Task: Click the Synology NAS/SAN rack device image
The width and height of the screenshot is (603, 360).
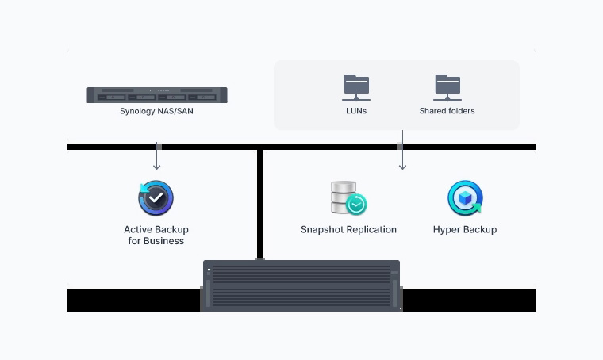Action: (x=156, y=95)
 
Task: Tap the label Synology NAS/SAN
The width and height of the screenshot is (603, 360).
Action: (x=156, y=111)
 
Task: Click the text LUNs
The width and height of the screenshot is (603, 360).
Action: (x=355, y=111)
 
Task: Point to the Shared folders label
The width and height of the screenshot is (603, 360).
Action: (x=447, y=111)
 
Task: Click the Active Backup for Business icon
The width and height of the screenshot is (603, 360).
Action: (x=156, y=198)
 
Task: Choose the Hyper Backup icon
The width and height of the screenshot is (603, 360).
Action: (x=464, y=198)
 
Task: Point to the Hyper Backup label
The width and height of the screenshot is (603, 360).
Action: (x=465, y=230)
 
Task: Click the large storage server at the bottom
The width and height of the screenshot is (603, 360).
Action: (x=301, y=285)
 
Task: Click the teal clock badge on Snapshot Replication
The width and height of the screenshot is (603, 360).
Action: (x=356, y=205)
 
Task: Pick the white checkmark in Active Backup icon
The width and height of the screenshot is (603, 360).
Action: (x=157, y=197)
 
